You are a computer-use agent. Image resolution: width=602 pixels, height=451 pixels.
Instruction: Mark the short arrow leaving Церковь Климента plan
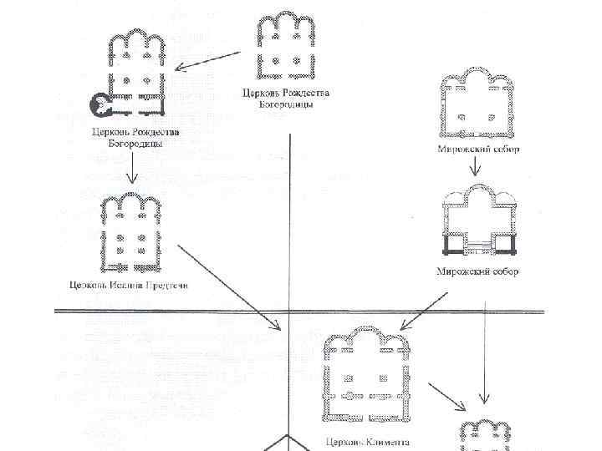point(447,396)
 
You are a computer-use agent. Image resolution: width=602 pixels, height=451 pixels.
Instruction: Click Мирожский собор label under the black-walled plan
point(477,272)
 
